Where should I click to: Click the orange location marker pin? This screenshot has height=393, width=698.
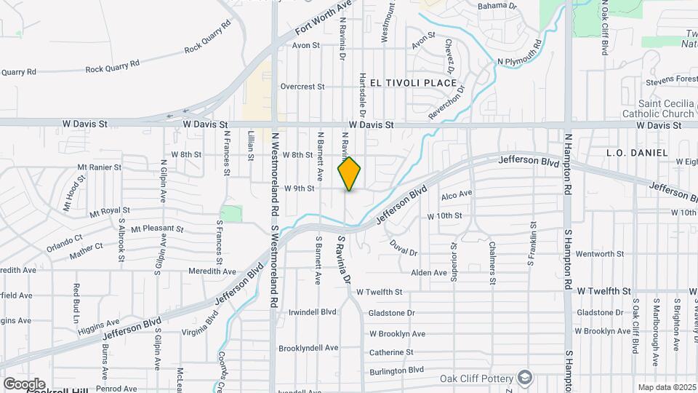pyautogui.click(x=350, y=173)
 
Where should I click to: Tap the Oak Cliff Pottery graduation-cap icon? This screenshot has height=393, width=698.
pyautogui.click(x=525, y=378)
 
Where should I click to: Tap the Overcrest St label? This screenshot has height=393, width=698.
pyautogui.click(x=302, y=87)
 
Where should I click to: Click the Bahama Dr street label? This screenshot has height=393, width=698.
pyautogui.click(x=497, y=6)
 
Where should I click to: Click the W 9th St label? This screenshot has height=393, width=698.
pyautogui.click(x=299, y=188)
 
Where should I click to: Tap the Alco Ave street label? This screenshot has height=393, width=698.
pyautogui.click(x=457, y=194)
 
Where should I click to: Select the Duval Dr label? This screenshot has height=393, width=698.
pyautogui.click(x=404, y=247)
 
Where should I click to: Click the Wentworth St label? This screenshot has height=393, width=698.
pyautogui.click(x=595, y=254)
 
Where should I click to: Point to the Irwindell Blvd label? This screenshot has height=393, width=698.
pyautogui.click(x=313, y=311)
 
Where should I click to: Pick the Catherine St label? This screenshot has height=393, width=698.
pyautogui.click(x=391, y=352)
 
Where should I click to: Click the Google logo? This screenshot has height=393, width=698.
pyautogui.click(x=24, y=384)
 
